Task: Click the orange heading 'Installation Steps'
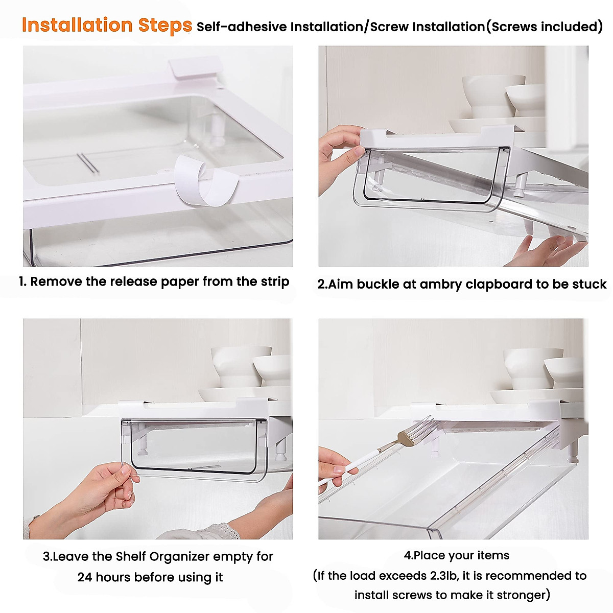pos(107,25)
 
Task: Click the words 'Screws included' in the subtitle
pos(545,27)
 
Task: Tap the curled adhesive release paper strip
pos(207,181)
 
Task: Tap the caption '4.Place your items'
pos(456,555)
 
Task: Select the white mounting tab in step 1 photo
pos(194,68)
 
